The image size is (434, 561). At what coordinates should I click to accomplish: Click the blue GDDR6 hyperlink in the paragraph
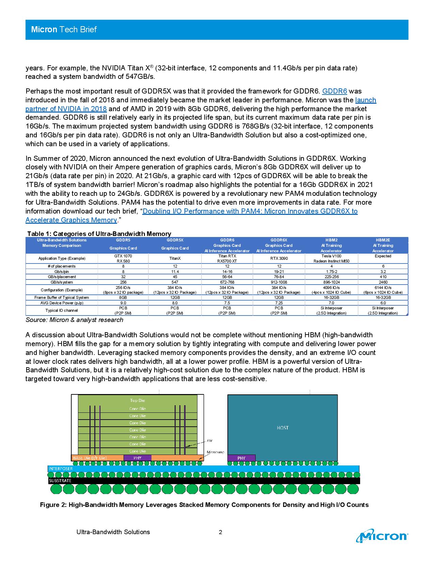tap(334, 91)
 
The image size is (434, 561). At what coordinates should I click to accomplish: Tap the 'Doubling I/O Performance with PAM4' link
tap(250, 211)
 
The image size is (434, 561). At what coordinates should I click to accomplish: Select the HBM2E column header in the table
tap(383, 240)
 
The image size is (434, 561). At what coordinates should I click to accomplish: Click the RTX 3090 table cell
tap(278, 258)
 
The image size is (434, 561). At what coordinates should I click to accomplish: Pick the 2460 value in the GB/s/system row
tap(383, 282)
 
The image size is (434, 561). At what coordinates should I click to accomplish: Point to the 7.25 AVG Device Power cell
tap(278, 303)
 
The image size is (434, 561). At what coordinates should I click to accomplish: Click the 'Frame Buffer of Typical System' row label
tap(62, 297)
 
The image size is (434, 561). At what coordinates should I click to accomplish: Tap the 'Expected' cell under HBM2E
tap(383, 256)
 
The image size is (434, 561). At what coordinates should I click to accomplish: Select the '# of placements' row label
tap(62, 266)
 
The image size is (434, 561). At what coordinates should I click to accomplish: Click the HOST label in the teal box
tap(283, 428)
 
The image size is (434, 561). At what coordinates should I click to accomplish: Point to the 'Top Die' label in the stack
tap(138, 400)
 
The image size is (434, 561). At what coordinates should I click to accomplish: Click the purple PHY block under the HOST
tap(241, 458)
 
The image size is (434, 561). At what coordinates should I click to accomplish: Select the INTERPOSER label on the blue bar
tap(61, 469)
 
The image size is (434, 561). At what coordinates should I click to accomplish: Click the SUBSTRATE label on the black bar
tap(60, 480)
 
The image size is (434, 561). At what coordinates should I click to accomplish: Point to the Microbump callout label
tap(215, 452)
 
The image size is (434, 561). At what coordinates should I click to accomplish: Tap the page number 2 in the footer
tap(221, 532)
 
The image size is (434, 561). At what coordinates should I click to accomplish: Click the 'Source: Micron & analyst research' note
tap(75, 320)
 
